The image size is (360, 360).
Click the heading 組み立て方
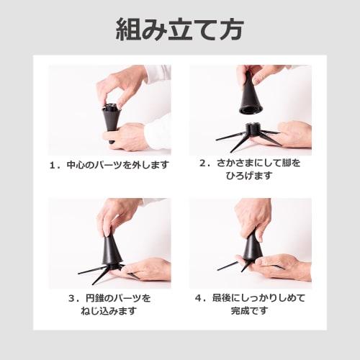click(x=180, y=30)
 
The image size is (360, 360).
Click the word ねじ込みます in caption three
click(x=108, y=311)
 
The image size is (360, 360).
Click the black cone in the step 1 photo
click(x=110, y=119)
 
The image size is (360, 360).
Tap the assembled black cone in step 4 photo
click(x=251, y=246)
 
